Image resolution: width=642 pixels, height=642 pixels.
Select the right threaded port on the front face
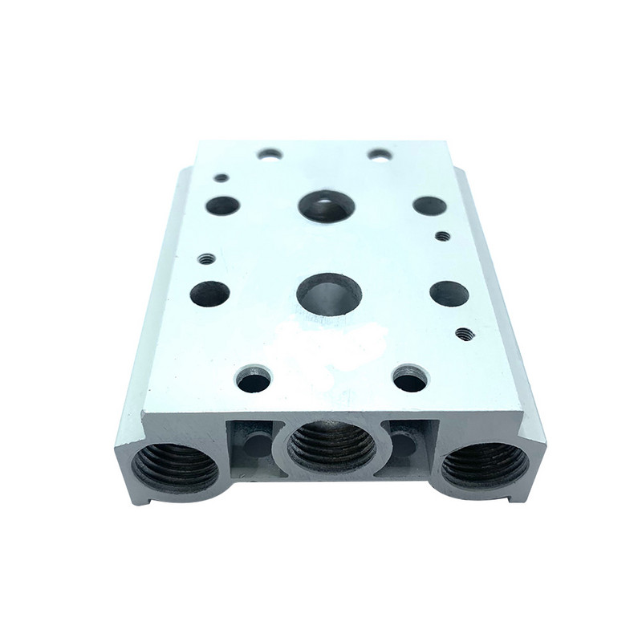click(x=486, y=466)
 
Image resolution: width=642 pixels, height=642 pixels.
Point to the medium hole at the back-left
click(x=223, y=205)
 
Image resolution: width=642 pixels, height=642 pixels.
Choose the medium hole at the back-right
click(x=429, y=205)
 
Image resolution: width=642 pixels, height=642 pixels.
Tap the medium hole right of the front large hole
click(x=445, y=292)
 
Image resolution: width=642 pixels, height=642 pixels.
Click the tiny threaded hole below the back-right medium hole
click(x=442, y=236)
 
